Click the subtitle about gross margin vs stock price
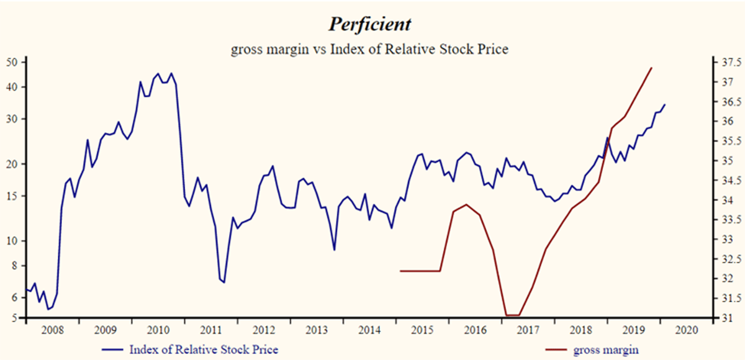[x=369, y=49]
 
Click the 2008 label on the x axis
[x=52, y=330]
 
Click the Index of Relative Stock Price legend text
[x=204, y=349]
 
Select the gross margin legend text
[x=606, y=349]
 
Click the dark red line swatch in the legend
[x=559, y=349]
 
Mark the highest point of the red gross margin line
[x=651, y=68]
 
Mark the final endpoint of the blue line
[x=665, y=104]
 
